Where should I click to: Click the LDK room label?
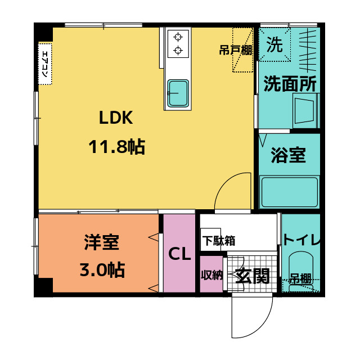point(116,119)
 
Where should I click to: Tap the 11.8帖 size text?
point(116,147)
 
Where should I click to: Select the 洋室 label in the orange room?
point(102,242)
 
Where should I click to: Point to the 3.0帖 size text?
point(102,270)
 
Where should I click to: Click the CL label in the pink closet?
point(181,254)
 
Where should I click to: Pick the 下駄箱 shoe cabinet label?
point(219,241)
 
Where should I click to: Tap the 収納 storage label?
point(212,275)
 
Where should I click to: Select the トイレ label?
point(301,240)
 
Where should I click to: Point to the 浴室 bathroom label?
point(288,155)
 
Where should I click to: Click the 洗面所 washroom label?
point(290,84)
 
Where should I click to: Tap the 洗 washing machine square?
point(274,44)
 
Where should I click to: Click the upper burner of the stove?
point(178,38)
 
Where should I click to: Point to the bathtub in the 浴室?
point(289,192)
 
